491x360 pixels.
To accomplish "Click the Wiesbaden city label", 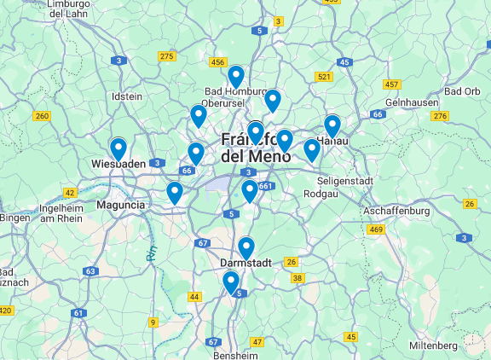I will (115, 164).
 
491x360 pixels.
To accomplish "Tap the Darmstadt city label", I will (245, 262).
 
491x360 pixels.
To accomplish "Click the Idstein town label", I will (127, 96).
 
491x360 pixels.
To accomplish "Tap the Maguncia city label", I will (121, 205).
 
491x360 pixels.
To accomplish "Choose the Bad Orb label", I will (462, 91).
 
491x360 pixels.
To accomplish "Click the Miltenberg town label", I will (433, 345).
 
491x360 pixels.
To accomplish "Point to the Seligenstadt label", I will (345, 181).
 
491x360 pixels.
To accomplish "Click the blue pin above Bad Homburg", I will (235, 76).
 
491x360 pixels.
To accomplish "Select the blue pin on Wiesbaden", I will (118, 148).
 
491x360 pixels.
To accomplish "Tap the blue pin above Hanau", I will (332, 125).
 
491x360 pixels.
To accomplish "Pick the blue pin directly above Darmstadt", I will (245, 247).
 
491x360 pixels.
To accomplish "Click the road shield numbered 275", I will (167, 56).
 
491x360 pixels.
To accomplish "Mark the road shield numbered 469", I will (376, 229).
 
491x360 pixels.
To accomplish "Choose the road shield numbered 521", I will (323, 77).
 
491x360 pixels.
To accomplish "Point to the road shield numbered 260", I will (41, 115).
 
